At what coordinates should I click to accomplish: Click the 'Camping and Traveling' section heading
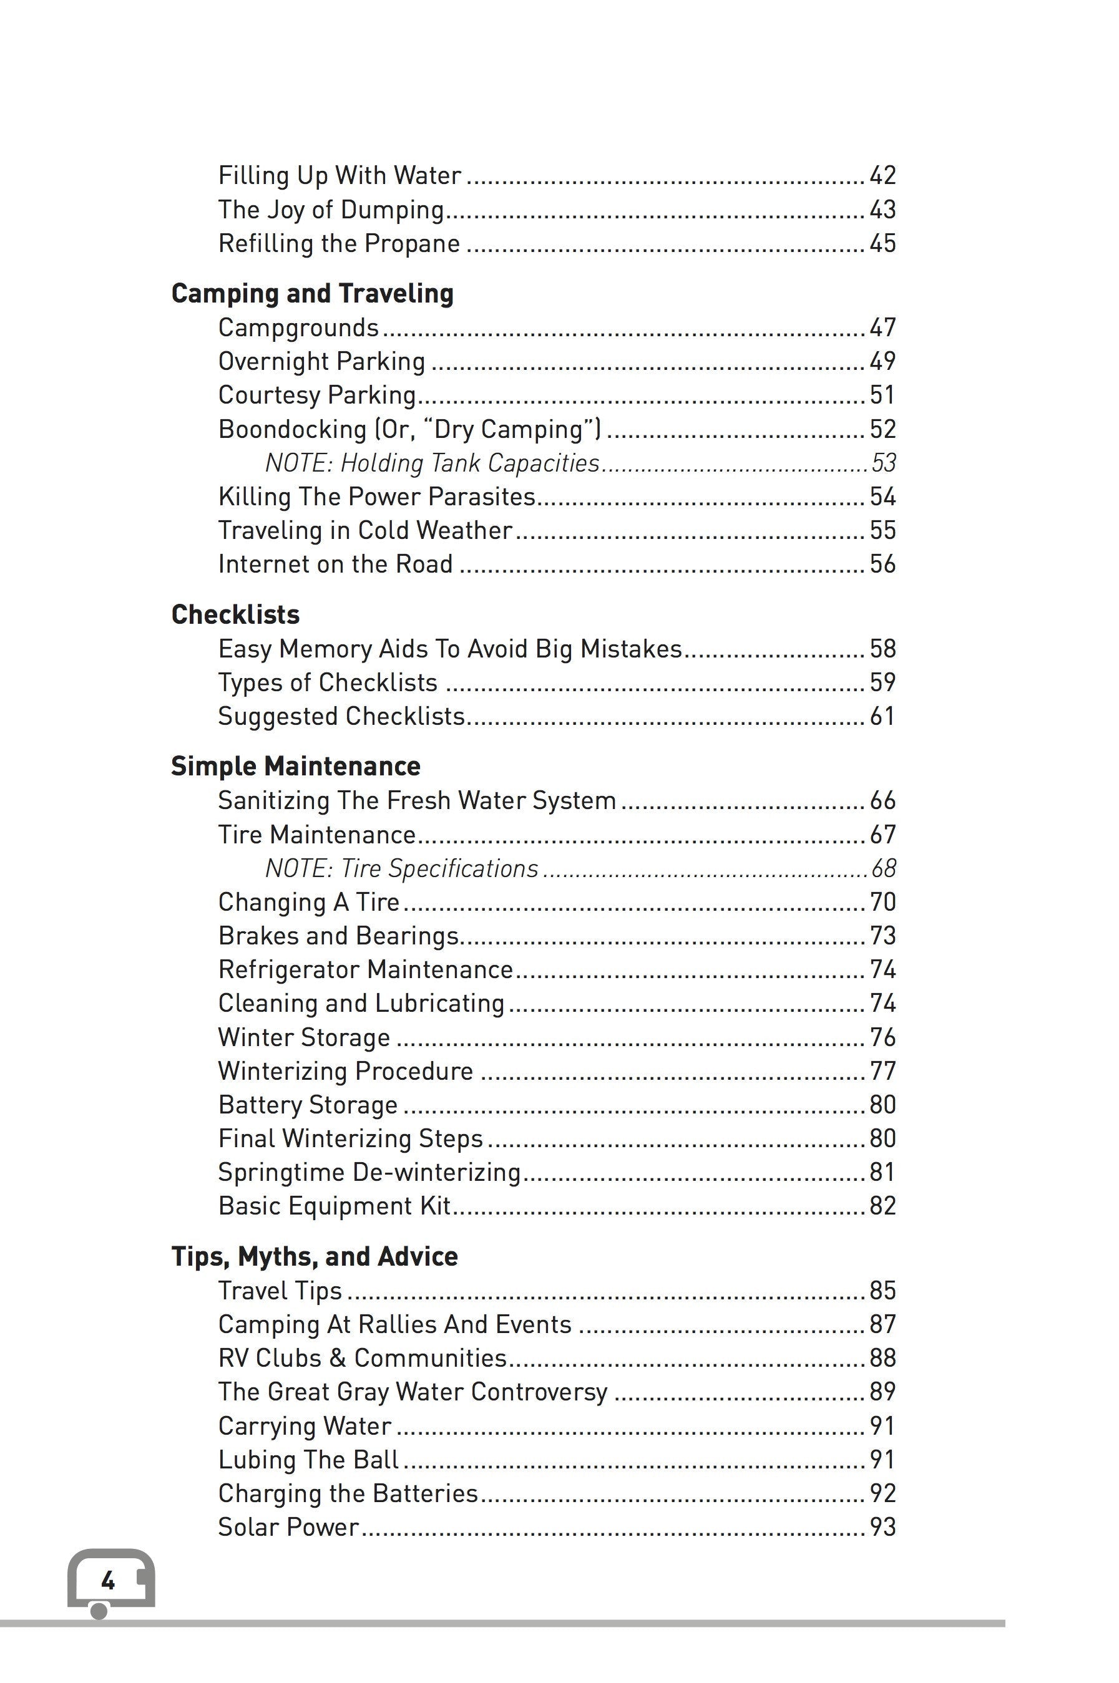[312, 294]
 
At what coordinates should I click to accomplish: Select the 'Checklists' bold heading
[235, 614]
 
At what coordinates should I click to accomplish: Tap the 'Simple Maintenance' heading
[295, 766]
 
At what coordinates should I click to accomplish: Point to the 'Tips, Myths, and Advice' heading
[314, 1256]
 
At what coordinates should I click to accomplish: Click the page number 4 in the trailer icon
[108, 1581]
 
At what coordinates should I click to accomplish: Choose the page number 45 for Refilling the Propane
[882, 244]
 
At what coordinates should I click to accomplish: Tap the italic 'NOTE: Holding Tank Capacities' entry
[432, 463]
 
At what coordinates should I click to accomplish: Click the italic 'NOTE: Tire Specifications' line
[402, 868]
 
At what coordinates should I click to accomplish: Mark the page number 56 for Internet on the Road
[882, 564]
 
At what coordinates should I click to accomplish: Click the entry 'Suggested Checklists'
[341, 716]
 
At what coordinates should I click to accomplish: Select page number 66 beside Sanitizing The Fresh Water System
[882, 801]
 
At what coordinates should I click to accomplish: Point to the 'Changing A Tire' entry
[309, 902]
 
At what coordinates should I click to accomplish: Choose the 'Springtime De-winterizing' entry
[369, 1172]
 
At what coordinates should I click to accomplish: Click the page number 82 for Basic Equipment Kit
[882, 1206]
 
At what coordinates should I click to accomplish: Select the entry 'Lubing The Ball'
[308, 1460]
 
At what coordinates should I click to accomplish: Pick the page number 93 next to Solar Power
[882, 1527]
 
